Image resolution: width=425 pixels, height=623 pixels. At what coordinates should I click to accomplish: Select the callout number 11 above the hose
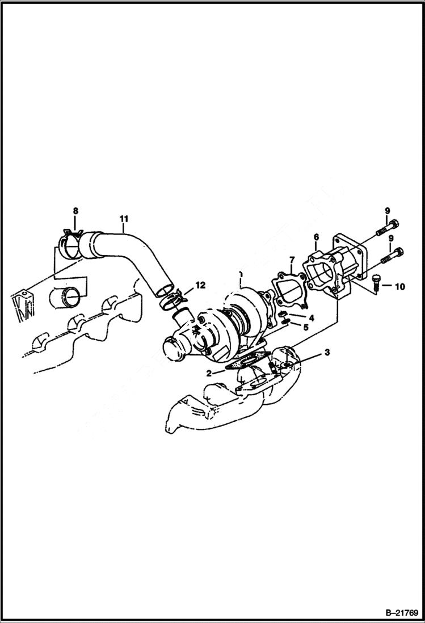pyautogui.click(x=123, y=218)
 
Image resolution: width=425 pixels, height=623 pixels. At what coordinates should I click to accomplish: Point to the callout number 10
pyautogui.click(x=399, y=287)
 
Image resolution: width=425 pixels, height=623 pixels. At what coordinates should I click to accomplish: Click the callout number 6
pyautogui.click(x=316, y=237)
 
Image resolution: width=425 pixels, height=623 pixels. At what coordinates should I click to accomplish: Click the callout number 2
pyautogui.click(x=208, y=373)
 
